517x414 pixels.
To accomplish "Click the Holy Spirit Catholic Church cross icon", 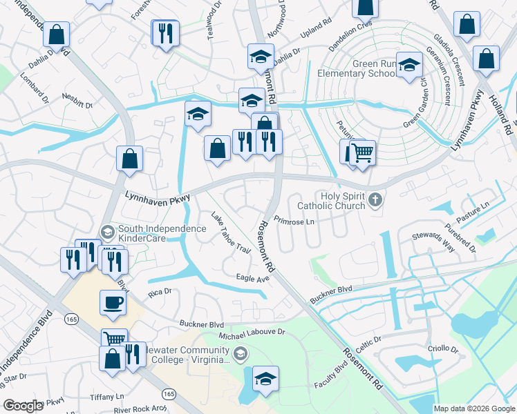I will pyautogui.click(x=375, y=200).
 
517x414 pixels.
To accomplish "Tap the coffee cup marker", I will pyautogui.click(x=113, y=302).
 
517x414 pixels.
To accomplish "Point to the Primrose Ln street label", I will pyautogui.click(x=294, y=221).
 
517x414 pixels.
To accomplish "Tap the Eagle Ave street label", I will pyautogui.click(x=252, y=278).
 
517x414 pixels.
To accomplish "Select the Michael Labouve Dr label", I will pyautogui.click(x=252, y=333).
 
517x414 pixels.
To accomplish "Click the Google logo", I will pyautogui.click(x=23, y=406).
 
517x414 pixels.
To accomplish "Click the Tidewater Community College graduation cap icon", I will pyautogui.click(x=240, y=355).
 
